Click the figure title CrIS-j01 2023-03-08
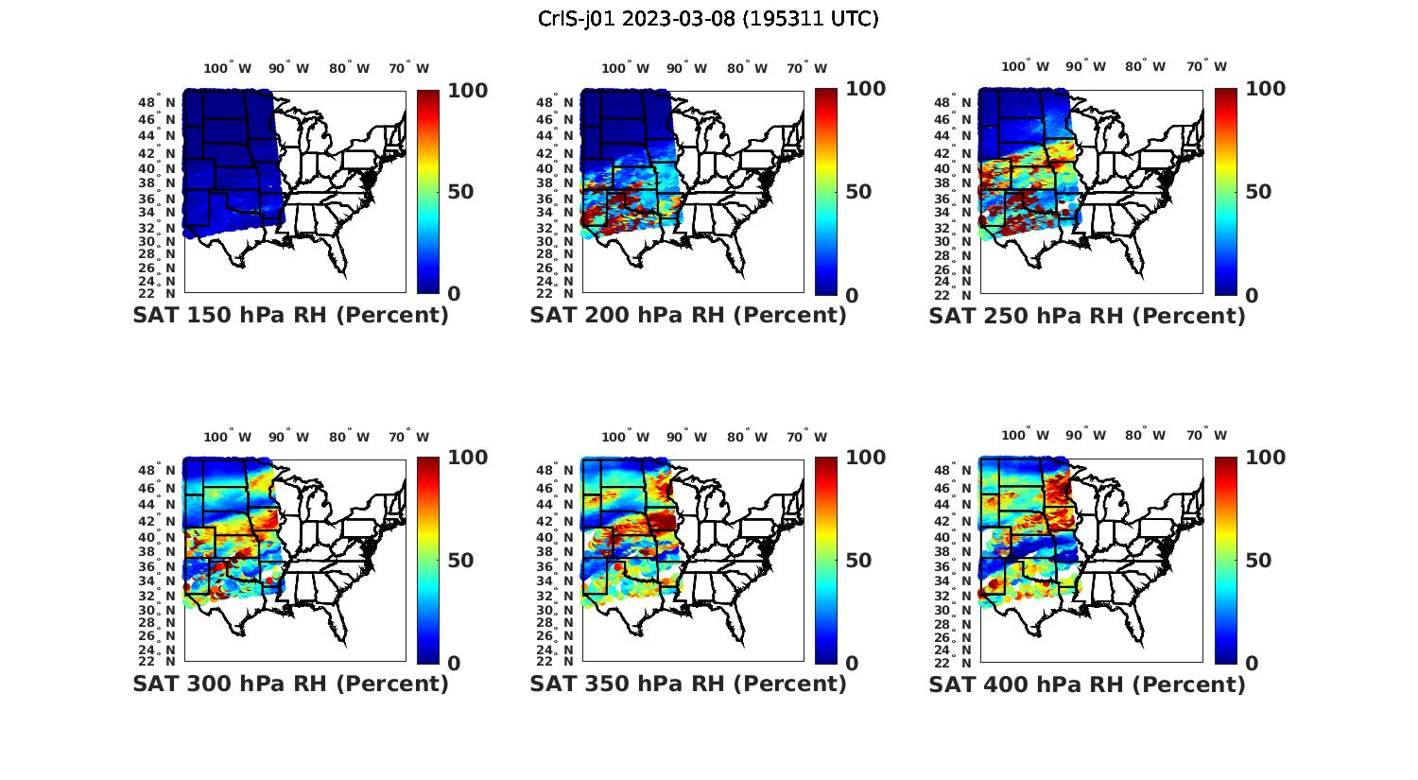tap(708, 19)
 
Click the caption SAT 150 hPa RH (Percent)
tap(290, 316)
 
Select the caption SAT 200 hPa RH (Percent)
tap(688, 316)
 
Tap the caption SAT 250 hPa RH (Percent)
tap(1087, 316)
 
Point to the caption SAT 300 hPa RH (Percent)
tap(290, 684)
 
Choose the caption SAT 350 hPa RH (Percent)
tap(688, 684)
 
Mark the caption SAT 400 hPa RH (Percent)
tap(1087, 684)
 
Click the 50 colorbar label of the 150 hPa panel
tap(460, 192)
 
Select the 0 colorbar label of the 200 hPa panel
tap(852, 295)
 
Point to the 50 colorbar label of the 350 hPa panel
tap(858, 561)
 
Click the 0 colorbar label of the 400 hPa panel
tap(1252, 663)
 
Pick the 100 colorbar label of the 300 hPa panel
tap(467, 458)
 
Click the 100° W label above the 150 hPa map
tap(228, 68)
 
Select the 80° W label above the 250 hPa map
tap(1145, 66)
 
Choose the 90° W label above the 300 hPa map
tap(288, 437)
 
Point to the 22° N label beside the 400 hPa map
tap(960, 662)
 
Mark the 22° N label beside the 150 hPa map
tap(164, 294)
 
